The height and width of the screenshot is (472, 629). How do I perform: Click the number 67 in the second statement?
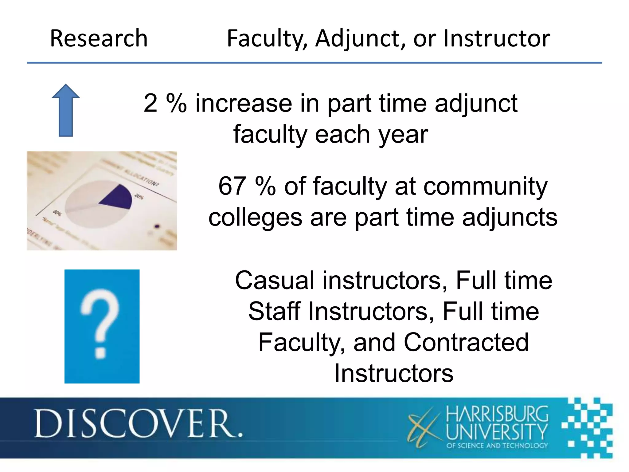[x=232, y=186]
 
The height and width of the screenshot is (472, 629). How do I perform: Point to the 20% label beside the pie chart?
[x=139, y=196]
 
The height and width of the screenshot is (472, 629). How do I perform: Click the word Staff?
[x=274, y=311]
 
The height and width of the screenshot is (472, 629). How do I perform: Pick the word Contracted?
[x=466, y=342]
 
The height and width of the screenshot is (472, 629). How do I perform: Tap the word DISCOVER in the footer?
[x=139, y=423]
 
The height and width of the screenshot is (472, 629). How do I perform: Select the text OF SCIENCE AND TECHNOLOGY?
[x=497, y=446]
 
